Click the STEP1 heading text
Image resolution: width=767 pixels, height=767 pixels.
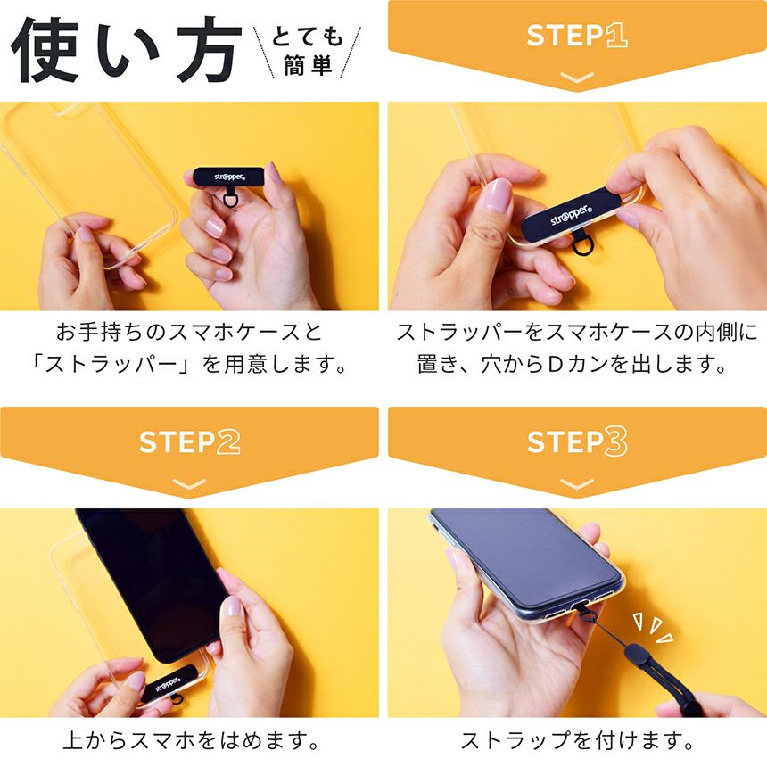point(577,35)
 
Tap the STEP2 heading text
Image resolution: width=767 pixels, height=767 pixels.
point(189,442)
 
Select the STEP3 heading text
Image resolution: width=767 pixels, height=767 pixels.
point(577,442)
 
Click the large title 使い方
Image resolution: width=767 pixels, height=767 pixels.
point(127,49)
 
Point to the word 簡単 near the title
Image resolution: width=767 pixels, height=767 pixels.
point(309,65)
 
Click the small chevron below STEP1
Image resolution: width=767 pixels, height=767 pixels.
point(577,78)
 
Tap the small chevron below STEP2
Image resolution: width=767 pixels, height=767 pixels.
point(189,483)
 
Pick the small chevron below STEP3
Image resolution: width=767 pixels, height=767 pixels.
point(577,483)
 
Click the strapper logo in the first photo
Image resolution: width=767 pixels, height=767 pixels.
point(229,177)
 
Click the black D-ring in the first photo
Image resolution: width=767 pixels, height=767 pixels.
point(230,199)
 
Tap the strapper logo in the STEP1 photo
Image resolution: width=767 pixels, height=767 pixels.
point(572,215)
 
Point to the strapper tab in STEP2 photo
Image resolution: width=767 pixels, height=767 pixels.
point(169,683)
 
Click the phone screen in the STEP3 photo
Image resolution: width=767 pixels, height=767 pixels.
point(526,557)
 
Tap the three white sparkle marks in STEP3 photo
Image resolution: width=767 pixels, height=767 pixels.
point(654,628)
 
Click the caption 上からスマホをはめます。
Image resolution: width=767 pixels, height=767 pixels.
point(191,740)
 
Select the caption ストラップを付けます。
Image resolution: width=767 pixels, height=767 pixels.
point(577,740)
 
